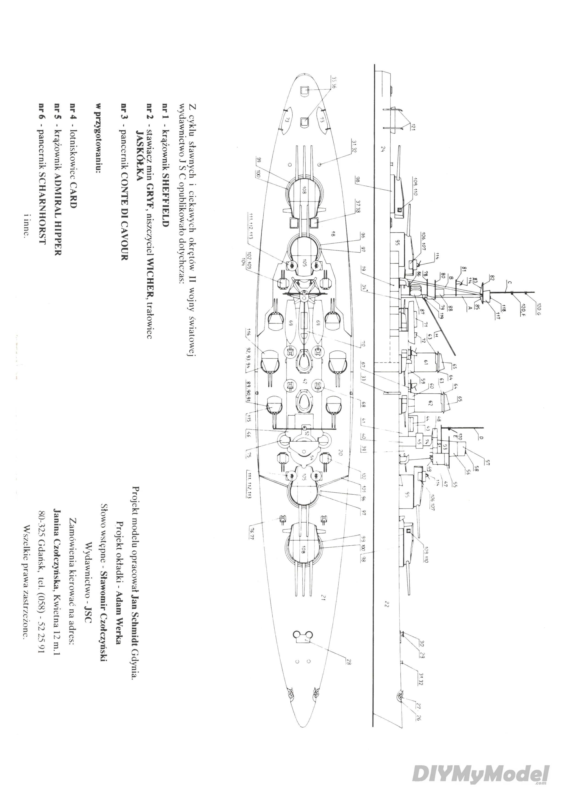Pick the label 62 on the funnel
click(430, 403)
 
